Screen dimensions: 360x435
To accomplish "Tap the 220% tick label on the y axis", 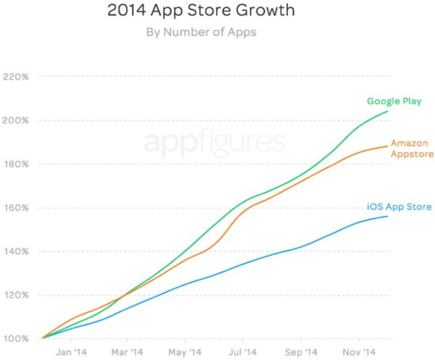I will (x=16, y=77).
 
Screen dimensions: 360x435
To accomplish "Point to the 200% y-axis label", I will (x=16, y=120).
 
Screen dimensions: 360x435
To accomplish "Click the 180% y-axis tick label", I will (x=16, y=164).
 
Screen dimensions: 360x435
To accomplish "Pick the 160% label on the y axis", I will (x=16, y=208).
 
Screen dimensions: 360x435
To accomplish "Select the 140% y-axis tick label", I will (x=16, y=251).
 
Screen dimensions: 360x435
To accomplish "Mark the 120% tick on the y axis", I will (x=16, y=295).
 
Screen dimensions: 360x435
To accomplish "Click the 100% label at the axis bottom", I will (x=16, y=338).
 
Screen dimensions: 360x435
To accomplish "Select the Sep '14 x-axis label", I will (x=301, y=353).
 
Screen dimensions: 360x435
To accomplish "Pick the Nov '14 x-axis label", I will (x=359, y=353).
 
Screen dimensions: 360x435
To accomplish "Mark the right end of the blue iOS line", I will (x=388, y=217).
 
